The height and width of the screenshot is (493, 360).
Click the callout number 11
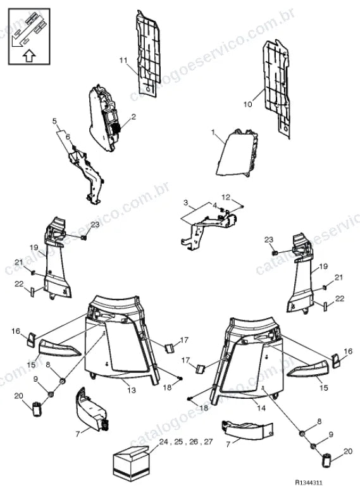[x=123, y=60]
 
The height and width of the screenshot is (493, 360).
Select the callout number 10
[x=247, y=104]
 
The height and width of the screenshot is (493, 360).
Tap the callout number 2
[x=133, y=117]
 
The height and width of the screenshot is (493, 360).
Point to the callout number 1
[x=213, y=132]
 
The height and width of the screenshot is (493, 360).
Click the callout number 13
[x=132, y=390]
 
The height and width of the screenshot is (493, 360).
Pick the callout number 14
[x=261, y=408]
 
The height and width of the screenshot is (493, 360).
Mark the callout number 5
[x=54, y=121]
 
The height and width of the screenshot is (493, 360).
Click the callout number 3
[x=185, y=202]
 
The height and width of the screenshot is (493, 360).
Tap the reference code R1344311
[x=309, y=483]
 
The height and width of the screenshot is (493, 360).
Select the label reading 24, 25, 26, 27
[x=186, y=442]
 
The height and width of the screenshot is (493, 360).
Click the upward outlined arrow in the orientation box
[x=29, y=56]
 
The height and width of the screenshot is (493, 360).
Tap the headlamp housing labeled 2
[x=105, y=119]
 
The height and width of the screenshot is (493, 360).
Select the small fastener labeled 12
[x=242, y=206]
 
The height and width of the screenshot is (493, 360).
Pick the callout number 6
[x=68, y=137]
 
